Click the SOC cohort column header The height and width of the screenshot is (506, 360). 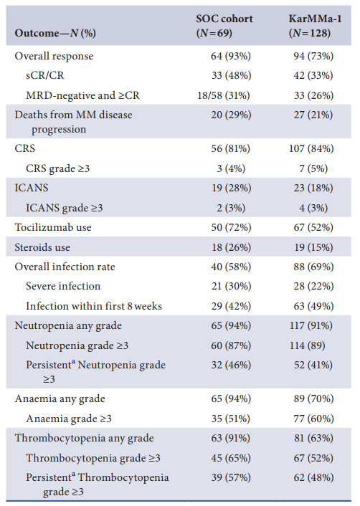tap(224, 26)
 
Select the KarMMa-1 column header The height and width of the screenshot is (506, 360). tap(315, 26)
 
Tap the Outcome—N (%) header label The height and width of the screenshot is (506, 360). tap(55, 33)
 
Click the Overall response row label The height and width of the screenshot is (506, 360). tap(54, 56)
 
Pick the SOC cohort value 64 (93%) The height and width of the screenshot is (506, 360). tap(231, 56)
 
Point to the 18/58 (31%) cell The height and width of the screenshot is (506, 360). tap(224, 95)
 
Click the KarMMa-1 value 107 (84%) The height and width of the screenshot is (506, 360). tap(311, 148)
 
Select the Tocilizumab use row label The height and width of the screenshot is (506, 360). tap(53, 227)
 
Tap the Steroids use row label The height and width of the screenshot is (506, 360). tap(42, 247)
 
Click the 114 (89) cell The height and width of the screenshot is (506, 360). tap(308, 345)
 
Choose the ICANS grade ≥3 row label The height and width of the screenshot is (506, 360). tap(65, 208)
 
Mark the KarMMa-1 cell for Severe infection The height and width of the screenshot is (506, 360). tap(313, 286)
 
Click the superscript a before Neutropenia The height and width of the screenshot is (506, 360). tap(74, 361)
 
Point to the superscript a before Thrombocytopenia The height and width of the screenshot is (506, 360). tap(74, 474)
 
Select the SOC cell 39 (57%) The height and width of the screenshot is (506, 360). tap(231, 477)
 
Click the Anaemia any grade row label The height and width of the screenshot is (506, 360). tap(60, 399)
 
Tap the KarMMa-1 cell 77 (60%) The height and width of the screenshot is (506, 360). tap(313, 419)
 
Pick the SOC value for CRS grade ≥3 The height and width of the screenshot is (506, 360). tap(231, 168)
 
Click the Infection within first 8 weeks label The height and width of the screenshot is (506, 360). tap(94, 306)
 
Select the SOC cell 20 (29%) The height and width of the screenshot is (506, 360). tap(231, 115)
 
